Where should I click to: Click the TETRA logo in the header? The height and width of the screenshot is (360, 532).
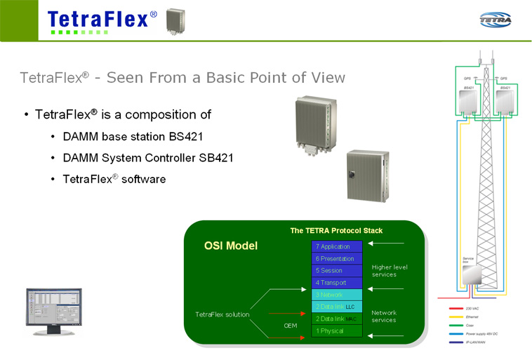point(496,20)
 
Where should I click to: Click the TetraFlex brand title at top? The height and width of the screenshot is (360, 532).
point(102,19)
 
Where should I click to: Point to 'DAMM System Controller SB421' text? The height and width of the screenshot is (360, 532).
point(147,158)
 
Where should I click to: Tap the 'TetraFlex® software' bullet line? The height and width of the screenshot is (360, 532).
point(114,179)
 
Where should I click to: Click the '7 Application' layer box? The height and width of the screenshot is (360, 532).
point(337,246)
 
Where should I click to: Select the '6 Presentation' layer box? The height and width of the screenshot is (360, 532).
point(337,258)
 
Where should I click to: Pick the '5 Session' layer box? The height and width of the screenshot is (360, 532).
point(337,270)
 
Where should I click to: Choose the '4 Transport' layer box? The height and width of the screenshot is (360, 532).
point(337,282)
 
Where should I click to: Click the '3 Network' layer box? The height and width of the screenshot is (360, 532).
point(337,295)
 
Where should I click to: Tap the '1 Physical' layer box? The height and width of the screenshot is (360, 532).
point(337,331)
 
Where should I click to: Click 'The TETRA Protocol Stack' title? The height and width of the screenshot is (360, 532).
point(336,230)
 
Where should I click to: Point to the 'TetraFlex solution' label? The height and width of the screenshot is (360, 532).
point(222,314)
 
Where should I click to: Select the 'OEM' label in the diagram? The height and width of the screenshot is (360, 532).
point(291,326)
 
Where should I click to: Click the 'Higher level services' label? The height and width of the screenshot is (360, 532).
point(390,270)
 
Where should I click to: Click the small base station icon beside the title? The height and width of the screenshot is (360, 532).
point(175,21)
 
